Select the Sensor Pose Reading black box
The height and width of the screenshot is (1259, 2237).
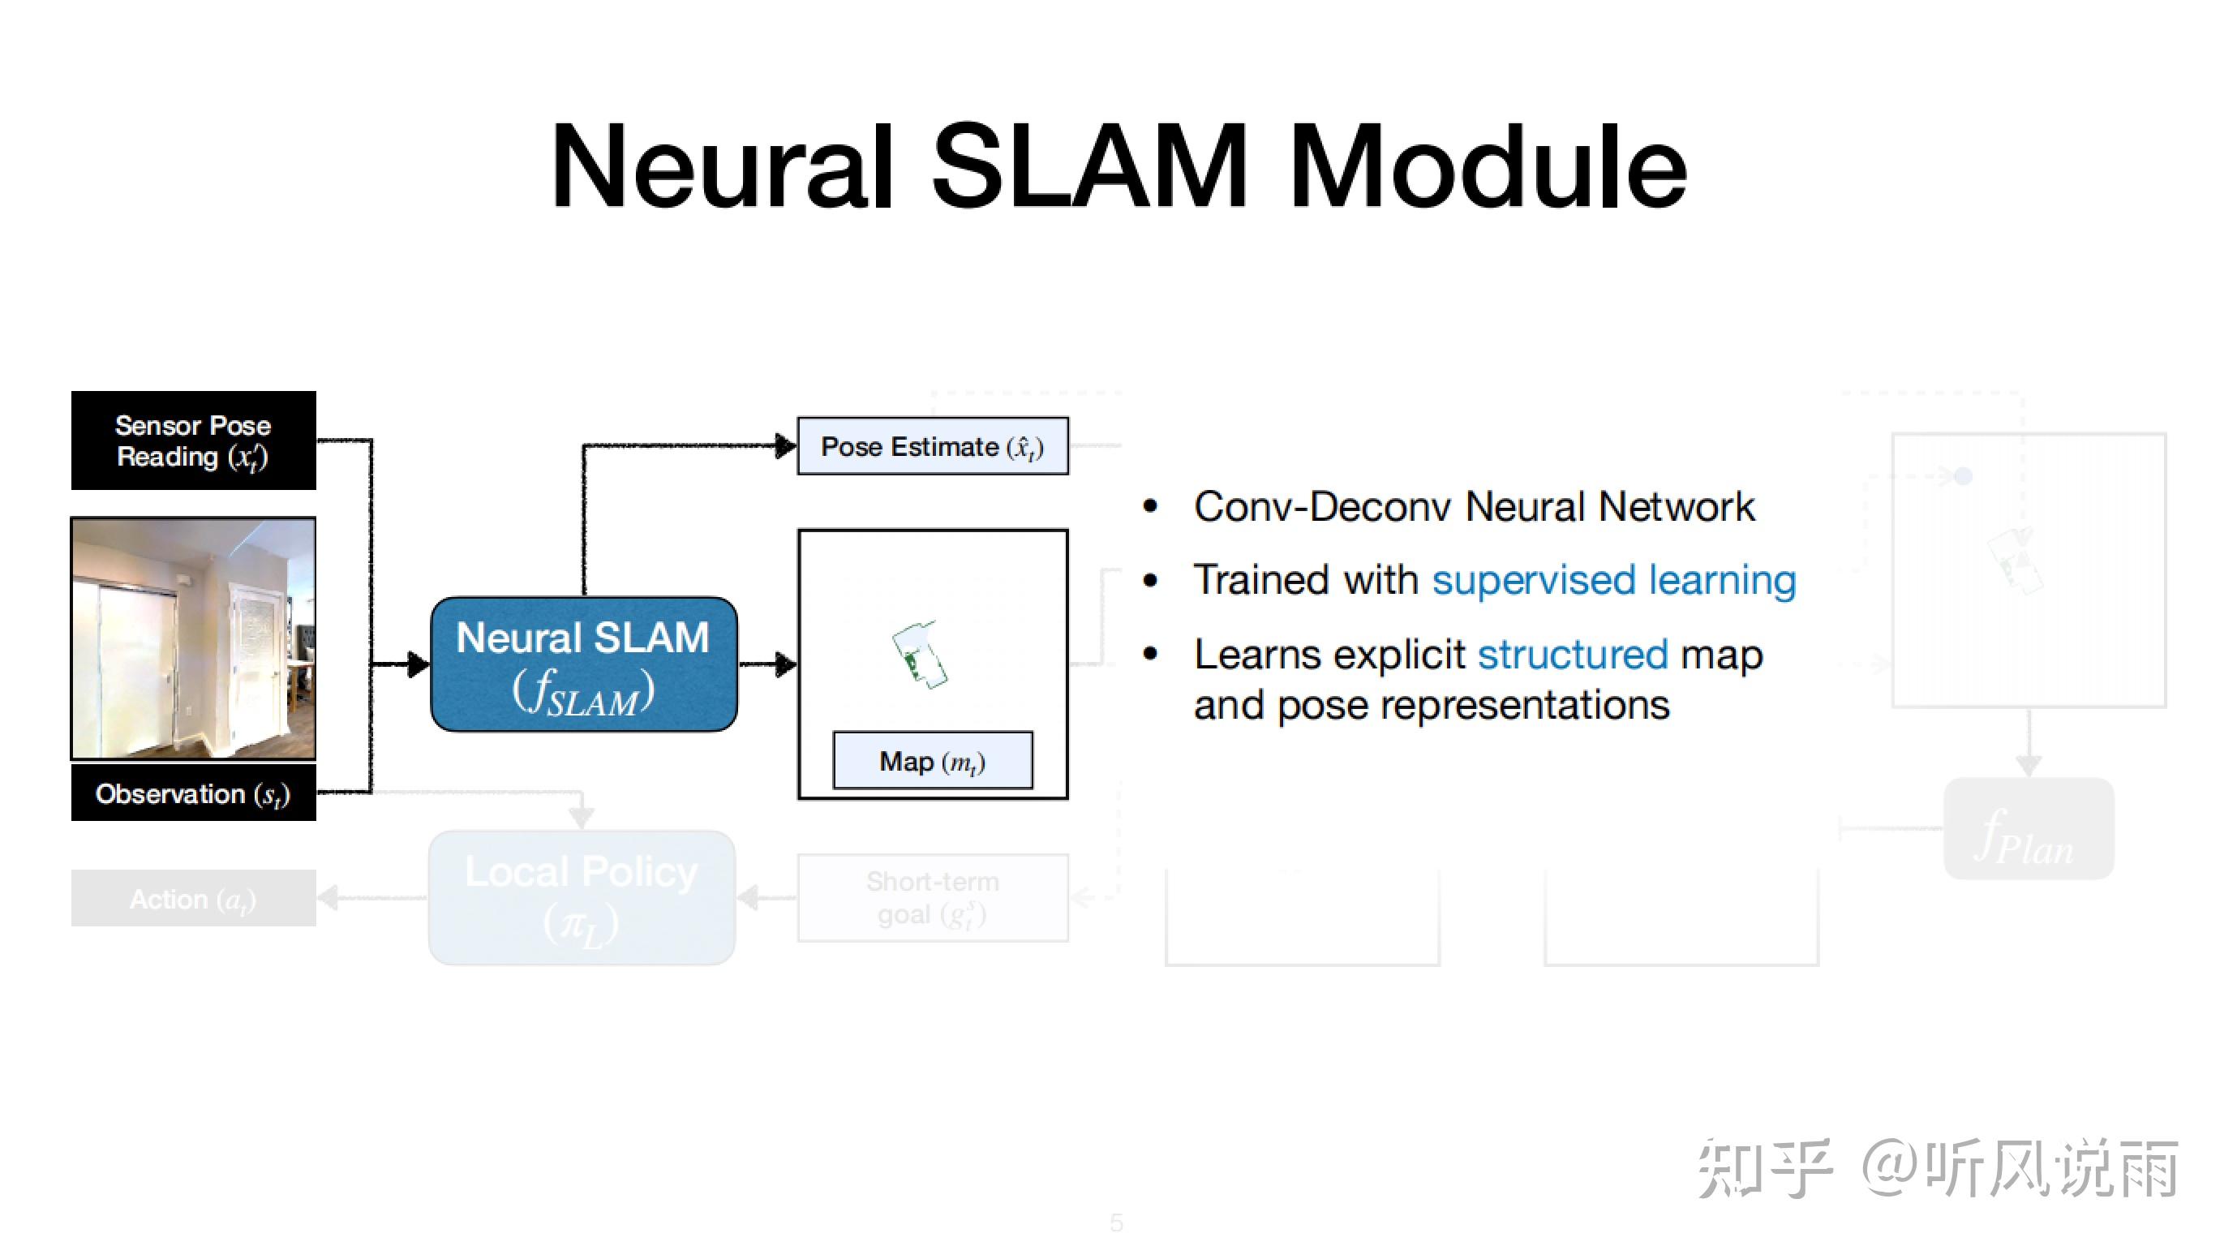(x=193, y=440)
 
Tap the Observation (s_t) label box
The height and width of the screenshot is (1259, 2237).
(x=193, y=793)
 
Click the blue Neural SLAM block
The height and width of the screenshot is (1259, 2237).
(x=583, y=664)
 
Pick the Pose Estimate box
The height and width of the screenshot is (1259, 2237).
(x=933, y=446)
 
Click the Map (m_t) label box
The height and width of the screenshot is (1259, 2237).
(x=933, y=762)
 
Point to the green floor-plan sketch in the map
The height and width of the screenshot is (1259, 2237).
(x=919, y=655)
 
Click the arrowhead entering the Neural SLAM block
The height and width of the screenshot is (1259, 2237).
(x=419, y=665)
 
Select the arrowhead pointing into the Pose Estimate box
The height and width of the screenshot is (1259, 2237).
(x=785, y=446)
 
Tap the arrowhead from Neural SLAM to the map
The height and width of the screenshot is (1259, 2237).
(x=786, y=665)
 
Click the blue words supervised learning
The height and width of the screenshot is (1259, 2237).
(x=1613, y=580)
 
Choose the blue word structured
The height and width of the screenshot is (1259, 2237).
(x=1573, y=655)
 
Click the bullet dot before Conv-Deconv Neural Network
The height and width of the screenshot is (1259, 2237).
(x=1151, y=507)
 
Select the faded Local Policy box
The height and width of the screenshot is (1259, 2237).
(x=582, y=897)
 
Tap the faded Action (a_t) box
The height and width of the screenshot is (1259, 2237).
(x=193, y=899)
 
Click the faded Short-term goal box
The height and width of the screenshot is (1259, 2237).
(x=933, y=898)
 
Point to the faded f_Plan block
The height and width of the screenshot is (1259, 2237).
(x=2029, y=830)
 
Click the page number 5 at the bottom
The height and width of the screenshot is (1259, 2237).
(x=1117, y=1222)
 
